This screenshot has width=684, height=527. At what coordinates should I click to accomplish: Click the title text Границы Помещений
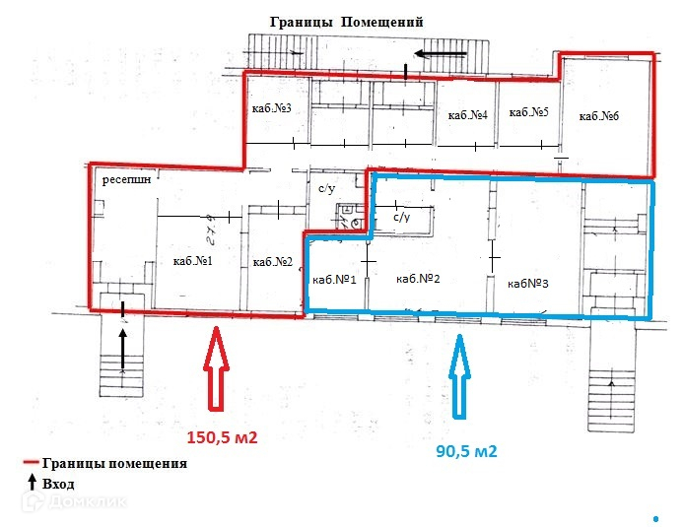click(339, 22)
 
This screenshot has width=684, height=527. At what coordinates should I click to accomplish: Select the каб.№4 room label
click(467, 115)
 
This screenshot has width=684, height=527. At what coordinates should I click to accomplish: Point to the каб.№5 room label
click(527, 113)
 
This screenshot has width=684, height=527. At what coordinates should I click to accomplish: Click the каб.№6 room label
click(598, 116)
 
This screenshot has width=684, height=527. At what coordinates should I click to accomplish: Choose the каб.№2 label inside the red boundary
click(272, 261)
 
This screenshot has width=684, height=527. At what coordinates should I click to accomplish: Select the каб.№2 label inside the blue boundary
click(417, 279)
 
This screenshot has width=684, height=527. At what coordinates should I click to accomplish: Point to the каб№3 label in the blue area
click(528, 283)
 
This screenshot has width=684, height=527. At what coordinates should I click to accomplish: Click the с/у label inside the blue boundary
click(401, 216)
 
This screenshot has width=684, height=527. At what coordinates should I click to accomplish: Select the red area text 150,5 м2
click(222, 437)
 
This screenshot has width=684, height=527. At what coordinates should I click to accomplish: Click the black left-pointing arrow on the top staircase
click(432, 52)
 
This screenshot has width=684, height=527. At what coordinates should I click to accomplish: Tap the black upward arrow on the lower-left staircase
click(122, 348)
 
